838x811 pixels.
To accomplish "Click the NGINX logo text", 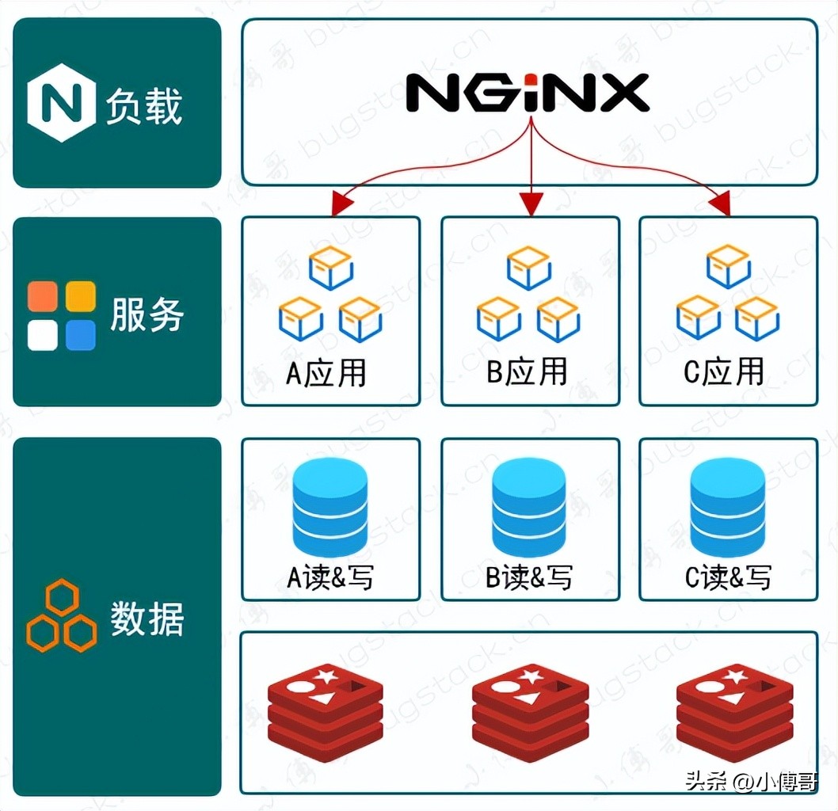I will click(528, 93).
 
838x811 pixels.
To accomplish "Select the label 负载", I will click(144, 106).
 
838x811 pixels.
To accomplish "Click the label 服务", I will click(147, 314).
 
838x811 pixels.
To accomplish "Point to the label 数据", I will click(147, 618).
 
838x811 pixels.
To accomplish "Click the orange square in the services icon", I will click(42, 296).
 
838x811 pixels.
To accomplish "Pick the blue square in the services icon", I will click(81, 335).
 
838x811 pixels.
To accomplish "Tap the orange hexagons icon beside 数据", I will click(61, 615).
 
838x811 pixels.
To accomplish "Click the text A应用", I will click(326, 372).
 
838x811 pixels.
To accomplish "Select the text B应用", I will click(528, 372).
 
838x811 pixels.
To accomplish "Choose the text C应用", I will click(724, 372).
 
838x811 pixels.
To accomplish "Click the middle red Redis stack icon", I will click(530, 713).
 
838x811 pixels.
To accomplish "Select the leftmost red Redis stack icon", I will click(326, 713).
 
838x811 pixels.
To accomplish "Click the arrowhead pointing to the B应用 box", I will click(531, 206).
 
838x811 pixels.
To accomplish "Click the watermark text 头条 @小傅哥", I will click(750, 782).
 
